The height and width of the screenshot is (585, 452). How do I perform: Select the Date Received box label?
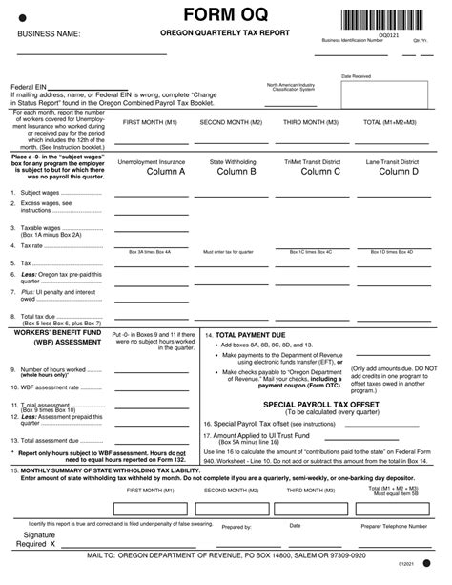pyautogui.click(x=356, y=75)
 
